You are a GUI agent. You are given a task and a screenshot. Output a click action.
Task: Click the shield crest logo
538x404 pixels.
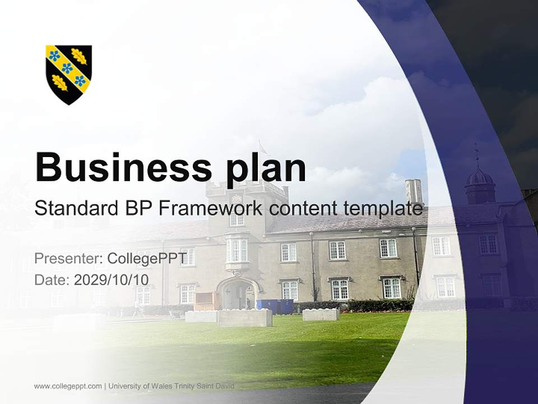click(68, 75)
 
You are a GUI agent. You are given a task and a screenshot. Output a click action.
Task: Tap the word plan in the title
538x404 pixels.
click(266, 171)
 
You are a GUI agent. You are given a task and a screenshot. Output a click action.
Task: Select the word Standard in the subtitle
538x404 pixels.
click(76, 208)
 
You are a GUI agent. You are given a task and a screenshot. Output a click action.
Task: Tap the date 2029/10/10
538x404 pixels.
click(111, 280)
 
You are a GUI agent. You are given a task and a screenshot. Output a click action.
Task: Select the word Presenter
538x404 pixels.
click(68, 258)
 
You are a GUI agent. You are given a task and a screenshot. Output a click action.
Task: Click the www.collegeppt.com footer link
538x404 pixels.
click(68, 386)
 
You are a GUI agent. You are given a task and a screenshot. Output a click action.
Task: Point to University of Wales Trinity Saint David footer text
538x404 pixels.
click(171, 386)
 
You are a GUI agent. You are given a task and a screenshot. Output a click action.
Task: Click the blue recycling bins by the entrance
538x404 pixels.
click(275, 306)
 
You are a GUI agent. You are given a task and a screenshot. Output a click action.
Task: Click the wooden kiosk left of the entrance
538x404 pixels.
click(206, 301)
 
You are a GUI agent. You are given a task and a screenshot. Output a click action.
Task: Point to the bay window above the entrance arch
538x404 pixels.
click(236, 252)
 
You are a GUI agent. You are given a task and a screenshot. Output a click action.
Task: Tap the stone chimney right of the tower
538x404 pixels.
click(414, 191)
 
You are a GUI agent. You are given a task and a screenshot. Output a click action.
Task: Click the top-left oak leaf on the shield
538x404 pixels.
click(79, 56)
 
